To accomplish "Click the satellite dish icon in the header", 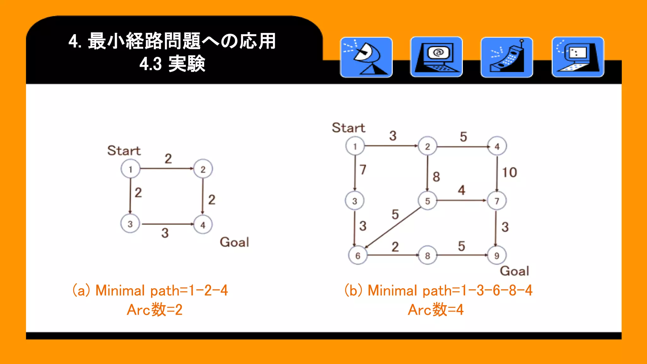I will tap(366, 57).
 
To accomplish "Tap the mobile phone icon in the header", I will tap(506, 57).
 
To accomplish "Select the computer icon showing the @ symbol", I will tap(436, 57).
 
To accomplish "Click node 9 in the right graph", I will tap(497, 255).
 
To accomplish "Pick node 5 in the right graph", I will tap(427, 201).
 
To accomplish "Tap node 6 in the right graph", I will tap(358, 255).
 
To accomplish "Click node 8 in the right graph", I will tap(427, 255).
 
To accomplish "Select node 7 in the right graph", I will tap(497, 201).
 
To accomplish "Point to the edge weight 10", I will tap(509, 173).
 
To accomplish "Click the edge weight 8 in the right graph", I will tap(436, 177).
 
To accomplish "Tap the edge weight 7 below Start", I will tap(363, 170).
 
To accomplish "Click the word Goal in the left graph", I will tap(234, 242).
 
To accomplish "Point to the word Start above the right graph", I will tap(348, 128).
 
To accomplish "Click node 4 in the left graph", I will tap(203, 225).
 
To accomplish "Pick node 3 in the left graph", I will tap(130, 224).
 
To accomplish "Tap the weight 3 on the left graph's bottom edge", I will tap(165, 233).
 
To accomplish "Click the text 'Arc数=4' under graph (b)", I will tap(436, 310).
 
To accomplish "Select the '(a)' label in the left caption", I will tap(81, 290).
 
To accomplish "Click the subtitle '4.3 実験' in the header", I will tap(172, 64).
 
